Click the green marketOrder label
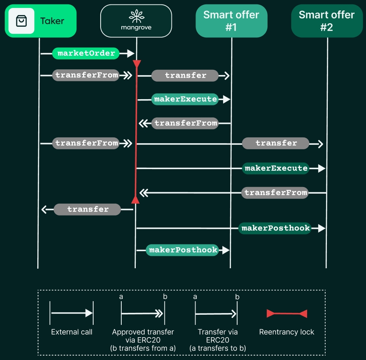(86, 54)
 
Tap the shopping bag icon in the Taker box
(22, 21)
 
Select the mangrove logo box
(136, 21)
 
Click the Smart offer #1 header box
(231, 21)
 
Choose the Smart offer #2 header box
(326, 21)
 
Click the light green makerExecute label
(185, 99)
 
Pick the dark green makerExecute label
(276, 168)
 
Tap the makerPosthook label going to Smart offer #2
(275, 228)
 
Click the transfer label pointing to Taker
(87, 209)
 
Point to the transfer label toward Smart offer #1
(185, 76)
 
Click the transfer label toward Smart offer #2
(276, 143)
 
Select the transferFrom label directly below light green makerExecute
(185, 123)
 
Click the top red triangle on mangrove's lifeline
(137, 65)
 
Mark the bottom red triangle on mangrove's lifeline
(136, 200)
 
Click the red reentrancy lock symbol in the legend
(287, 313)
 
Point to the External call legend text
(72, 332)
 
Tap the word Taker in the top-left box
(52, 21)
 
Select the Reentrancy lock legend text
(287, 332)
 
